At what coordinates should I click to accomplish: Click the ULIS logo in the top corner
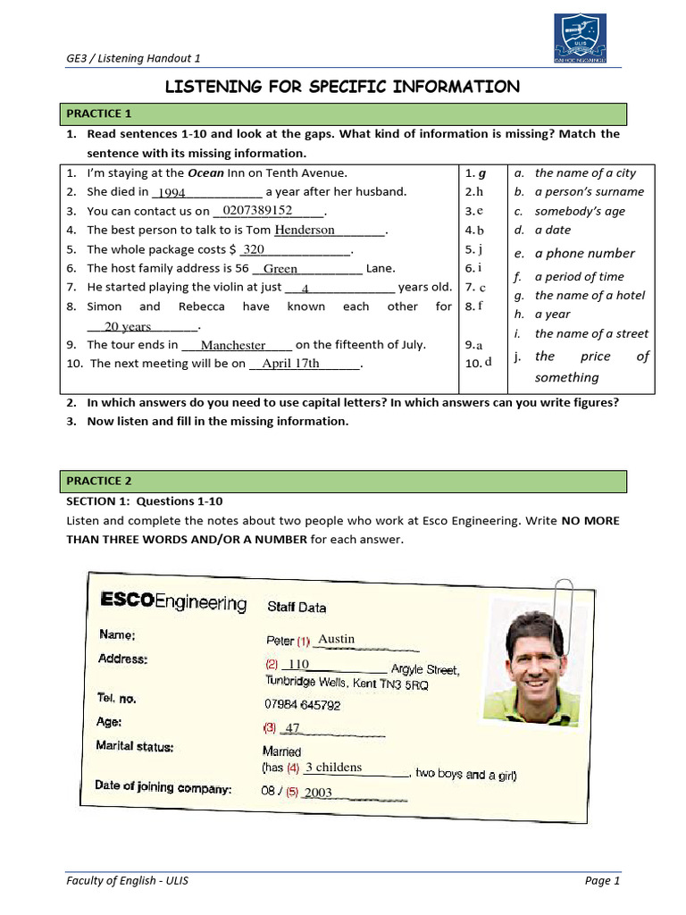click(579, 40)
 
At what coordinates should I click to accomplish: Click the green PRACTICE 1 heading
click(98, 113)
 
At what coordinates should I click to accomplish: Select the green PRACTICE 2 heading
click(98, 482)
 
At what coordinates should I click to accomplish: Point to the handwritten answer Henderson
click(305, 230)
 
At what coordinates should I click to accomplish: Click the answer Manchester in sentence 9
click(233, 345)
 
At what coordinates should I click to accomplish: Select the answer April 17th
click(290, 364)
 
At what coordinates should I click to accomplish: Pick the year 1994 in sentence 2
click(171, 192)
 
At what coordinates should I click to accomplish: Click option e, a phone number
click(584, 254)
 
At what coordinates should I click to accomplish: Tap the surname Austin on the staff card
click(337, 639)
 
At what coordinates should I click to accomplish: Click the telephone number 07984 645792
click(303, 705)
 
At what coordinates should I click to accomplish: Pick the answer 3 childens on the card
click(333, 768)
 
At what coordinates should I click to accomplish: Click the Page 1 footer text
click(602, 880)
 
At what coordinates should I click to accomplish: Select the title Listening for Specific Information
click(342, 86)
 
